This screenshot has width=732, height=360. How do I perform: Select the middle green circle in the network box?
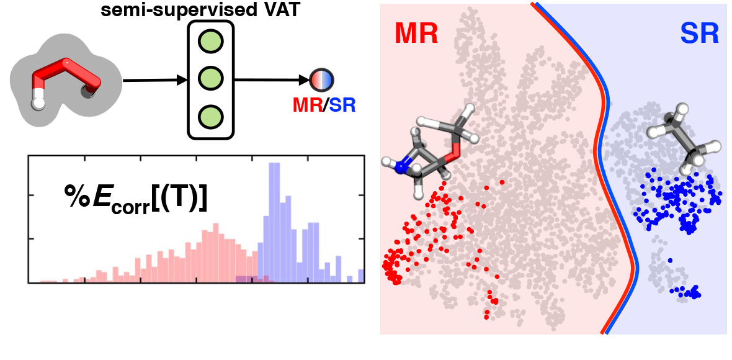210,79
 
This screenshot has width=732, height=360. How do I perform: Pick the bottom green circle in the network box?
210,116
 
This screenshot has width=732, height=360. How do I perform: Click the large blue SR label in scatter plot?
698,35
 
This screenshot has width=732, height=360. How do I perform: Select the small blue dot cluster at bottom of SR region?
689,291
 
